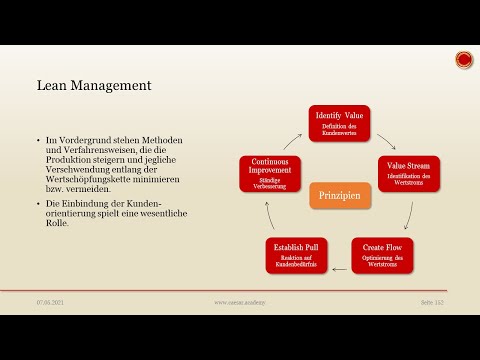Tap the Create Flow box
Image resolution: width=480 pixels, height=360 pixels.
click(381, 255)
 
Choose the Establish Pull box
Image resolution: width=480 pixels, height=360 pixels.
click(297, 255)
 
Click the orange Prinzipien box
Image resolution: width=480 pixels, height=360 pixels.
click(339, 195)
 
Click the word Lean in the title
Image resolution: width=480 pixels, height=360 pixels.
click(53, 86)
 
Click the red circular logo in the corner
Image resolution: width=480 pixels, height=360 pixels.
click(464, 61)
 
